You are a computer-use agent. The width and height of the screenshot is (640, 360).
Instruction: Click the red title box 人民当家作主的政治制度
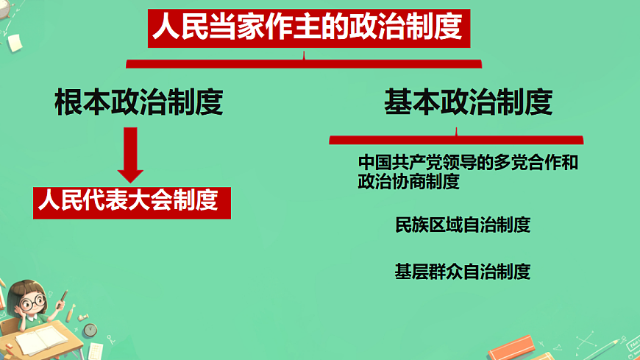pyautogui.click(x=307, y=28)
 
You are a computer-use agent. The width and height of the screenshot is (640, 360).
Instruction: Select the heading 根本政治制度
pyautogui.click(x=138, y=103)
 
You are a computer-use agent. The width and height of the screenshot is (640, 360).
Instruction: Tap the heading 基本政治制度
pyautogui.click(x=468, y=103)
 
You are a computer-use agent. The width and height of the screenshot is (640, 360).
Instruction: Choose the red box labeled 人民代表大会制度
pyautogui.click(x=132, y=200)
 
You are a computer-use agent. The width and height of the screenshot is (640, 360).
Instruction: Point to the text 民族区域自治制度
pyautogui.click(x=462, y=225)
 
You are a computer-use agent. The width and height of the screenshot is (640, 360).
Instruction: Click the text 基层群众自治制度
pyautogui.click(x=462, y=271)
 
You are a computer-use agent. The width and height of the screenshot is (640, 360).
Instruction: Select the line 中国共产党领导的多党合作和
pyautogui.click(x=468, y=163)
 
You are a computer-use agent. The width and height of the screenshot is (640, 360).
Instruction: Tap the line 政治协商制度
pyautogui.click(x=408, y=182)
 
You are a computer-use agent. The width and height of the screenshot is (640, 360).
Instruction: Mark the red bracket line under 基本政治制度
pyautogui.click(x=456, y=138)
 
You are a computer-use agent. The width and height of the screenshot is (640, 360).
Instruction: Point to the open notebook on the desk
pyautogui.click(x=41, y=339)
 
